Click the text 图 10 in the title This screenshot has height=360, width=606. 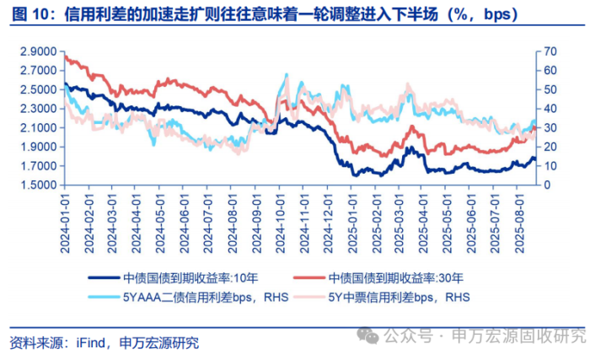click(x=31, y=15)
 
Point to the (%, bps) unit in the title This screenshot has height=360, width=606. click(x=471, y=15)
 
